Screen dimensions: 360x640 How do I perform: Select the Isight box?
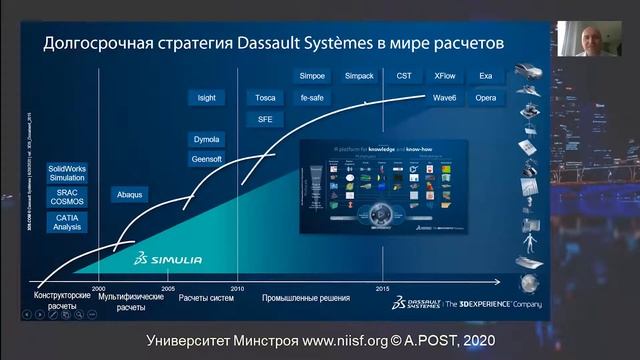tap(207, 97)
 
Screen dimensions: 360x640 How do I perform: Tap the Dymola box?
tap(206, 139)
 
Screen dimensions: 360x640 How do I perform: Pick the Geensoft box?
tap(206, 159)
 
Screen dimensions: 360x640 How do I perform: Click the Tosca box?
tap(265, 97)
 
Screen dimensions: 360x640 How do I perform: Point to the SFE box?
tap(265, 118)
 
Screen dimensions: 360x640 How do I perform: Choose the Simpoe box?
tap(312, 76)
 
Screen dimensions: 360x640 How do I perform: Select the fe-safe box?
tap(312, 97)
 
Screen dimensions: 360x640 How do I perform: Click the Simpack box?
tap(359, 76)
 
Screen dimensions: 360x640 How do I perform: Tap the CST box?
tap(404, 76)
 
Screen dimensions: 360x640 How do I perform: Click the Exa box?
tap(486, 76)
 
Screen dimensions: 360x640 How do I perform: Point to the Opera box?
tap(486, 97)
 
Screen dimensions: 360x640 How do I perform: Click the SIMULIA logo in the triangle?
tap(170, 260)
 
